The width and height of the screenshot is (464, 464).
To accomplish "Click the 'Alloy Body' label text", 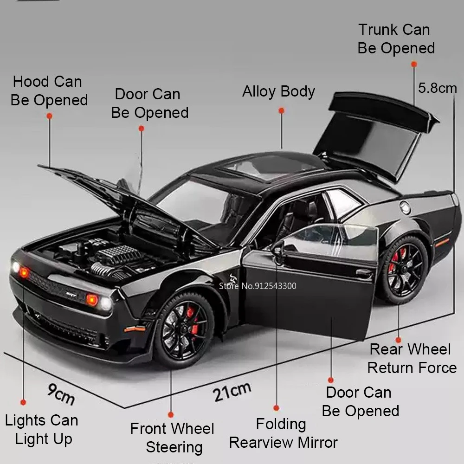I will (278, 91).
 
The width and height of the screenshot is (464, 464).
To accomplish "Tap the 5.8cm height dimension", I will (437, 88).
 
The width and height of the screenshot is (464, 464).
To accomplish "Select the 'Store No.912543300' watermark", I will (258, 286).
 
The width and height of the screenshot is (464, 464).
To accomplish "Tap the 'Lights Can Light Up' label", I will (42, 430).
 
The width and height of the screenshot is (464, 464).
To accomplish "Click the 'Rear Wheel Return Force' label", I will (412, 358).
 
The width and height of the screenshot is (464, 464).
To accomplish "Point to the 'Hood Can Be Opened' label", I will (49, 91).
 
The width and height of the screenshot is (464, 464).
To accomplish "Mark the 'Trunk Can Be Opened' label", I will (396, 39).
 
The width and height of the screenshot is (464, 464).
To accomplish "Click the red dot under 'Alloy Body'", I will (281, 110).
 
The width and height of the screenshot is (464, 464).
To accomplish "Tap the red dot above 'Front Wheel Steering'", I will (171, 414).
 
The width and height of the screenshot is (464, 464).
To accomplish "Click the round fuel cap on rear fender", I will (406, 207).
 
